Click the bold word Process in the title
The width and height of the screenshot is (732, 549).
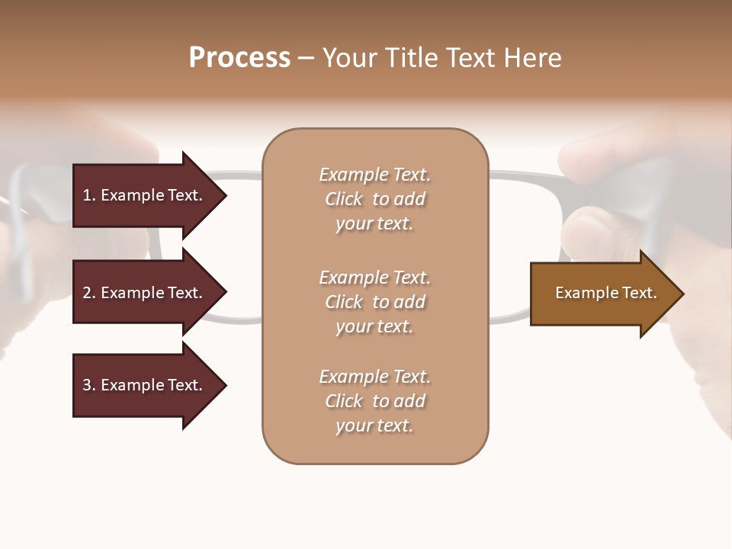click(x=239, y=58)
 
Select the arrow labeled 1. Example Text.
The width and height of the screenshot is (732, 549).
click(x=145, y=195)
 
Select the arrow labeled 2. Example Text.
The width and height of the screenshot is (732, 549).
click(x=145, y=293)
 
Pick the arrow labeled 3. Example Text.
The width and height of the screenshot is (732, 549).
click(x=145, y=385)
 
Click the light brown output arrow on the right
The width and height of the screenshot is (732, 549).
click(x=602, y=294)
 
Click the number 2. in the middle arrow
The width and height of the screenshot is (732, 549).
click(x=89, y=293)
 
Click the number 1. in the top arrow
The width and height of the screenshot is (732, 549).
click(x=89, y=195)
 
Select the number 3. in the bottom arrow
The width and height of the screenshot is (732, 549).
click(x=89, y=385)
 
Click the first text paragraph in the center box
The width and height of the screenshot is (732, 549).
click(x=374, y=199)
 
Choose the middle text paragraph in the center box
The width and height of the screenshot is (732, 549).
click(x=374, y=302)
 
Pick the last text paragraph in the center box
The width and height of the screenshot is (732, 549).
click(x=374, y=401)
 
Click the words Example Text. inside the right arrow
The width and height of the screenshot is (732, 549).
click(x=605, y=293)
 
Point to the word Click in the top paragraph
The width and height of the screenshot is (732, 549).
click(x=344, y=199)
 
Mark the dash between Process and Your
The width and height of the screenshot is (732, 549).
click(x=306, y=59)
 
